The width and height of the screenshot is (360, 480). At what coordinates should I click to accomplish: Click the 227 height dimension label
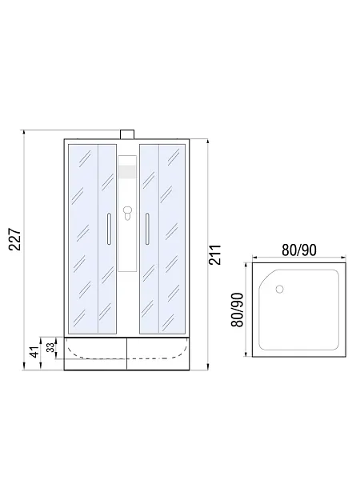pos(14,239)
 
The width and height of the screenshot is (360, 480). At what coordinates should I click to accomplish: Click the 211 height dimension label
pos(215,254)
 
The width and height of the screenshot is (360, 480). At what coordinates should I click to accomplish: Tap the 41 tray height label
pos(35,352)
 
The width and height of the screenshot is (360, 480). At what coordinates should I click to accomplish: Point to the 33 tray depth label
pos(51,347)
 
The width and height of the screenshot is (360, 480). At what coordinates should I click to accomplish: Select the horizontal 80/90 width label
pos(298,250)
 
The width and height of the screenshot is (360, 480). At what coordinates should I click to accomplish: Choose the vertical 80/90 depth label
pos(238,310)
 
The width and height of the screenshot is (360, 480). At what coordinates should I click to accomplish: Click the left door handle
pos(109,229)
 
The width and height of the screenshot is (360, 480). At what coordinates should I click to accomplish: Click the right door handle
pos(147,229)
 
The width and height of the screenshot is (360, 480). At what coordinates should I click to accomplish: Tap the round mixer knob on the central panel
pos(127,210)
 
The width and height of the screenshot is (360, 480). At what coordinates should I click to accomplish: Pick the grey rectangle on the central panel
pos(127,172)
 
